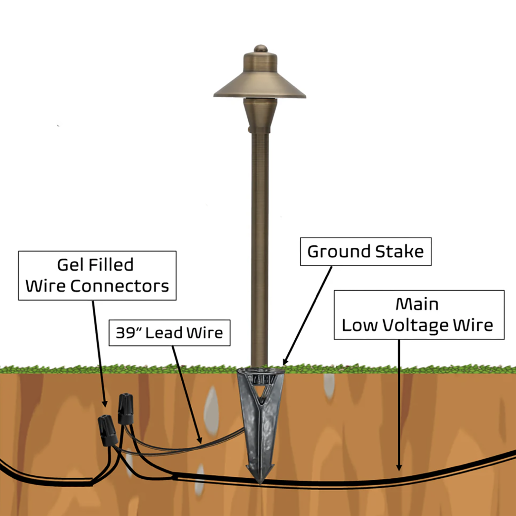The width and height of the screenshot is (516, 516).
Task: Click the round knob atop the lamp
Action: [x=261, y=49]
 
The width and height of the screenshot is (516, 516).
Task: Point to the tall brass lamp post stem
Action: [x=260, y=243]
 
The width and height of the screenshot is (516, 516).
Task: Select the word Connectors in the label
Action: [x=120, y=286]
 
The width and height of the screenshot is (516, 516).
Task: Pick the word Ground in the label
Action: [x=339, y=251]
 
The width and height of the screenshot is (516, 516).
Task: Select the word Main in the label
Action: [x=417, y=304]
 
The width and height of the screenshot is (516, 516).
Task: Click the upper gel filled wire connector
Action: [x=126, y=408]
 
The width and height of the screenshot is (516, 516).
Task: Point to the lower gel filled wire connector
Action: [x=107, y=430]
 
